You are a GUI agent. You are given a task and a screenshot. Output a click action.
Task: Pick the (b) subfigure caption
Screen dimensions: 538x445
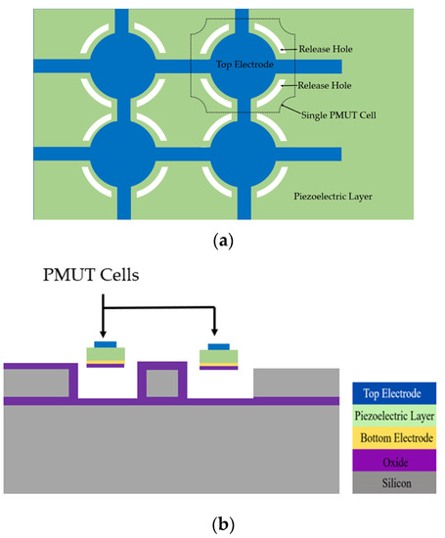point(221,523)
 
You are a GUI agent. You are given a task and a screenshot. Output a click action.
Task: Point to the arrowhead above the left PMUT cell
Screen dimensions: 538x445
point(103,335)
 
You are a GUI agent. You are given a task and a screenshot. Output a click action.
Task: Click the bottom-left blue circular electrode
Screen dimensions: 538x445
point(123,155)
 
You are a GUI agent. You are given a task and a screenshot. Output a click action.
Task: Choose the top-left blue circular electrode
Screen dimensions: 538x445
point(123,65)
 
